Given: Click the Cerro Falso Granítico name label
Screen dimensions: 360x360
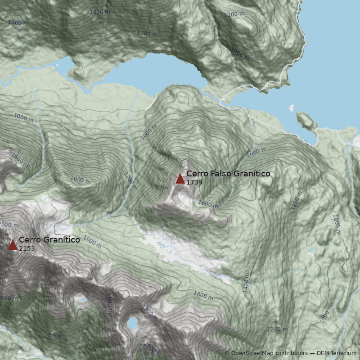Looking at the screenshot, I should (x=228, y=174).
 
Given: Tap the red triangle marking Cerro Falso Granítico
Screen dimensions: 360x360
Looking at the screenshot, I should (x=180, y=179).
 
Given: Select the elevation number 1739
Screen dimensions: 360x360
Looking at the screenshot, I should (x=194, y=182).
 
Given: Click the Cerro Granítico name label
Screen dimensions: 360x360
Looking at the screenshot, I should (x=49, y=240).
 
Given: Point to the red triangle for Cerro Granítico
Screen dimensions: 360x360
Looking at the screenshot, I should (x=13, y=245).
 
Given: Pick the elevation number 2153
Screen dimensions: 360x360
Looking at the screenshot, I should (x=27, y=248).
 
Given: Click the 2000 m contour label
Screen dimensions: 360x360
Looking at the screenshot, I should (x=9, y=225).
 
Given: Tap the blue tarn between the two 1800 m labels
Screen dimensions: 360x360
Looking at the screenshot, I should (x=132, y=323).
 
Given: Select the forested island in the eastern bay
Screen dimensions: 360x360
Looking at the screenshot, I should (x=306, y=120).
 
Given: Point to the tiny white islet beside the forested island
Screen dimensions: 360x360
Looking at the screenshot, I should (x=292, y=108).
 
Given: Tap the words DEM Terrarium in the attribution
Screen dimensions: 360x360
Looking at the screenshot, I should (x=337, y=353).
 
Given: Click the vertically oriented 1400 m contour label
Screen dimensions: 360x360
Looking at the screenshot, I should (x=246, y=283).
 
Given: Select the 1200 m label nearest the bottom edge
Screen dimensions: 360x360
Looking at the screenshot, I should (x=277, y=329).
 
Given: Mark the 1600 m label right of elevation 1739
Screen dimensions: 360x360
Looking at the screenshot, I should (x=208, y=204).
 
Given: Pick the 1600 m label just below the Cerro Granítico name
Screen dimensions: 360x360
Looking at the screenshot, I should (x=92, y=242).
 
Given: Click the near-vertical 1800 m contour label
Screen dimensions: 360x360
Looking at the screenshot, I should (x=108, y=303).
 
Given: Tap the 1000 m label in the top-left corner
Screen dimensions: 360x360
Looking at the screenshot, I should (x=18, y=22).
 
